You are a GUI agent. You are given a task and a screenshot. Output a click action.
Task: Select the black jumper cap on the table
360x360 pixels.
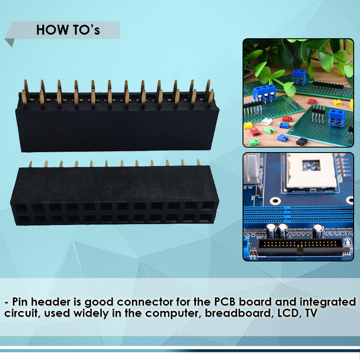point(301,141)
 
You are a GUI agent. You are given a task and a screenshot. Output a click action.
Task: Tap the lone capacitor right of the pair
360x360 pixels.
point(318,232)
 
